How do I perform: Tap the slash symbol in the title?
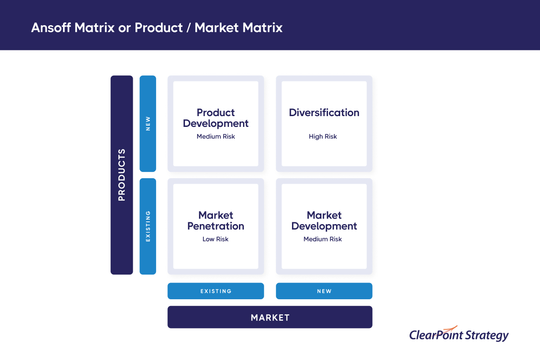coord(187,28)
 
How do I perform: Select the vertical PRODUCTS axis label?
coord(121,175)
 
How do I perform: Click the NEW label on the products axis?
coord(148,124)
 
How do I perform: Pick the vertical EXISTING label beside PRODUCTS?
coord(148,226)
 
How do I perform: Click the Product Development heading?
coord(216,118)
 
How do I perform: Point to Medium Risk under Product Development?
coord(216,136)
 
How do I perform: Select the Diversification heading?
coord(324,112)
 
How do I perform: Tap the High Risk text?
coord(323,136)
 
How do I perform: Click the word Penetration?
coord(216,226)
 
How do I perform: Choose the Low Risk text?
coord(216,239)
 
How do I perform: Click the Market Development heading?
coord(324,220)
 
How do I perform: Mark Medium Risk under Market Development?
coord(323,239)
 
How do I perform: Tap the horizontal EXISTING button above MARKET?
coord(216,291)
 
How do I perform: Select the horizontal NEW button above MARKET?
coord(324,291)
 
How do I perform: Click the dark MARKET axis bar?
coord(270,317)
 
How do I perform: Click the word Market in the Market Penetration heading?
coord(216,215)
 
